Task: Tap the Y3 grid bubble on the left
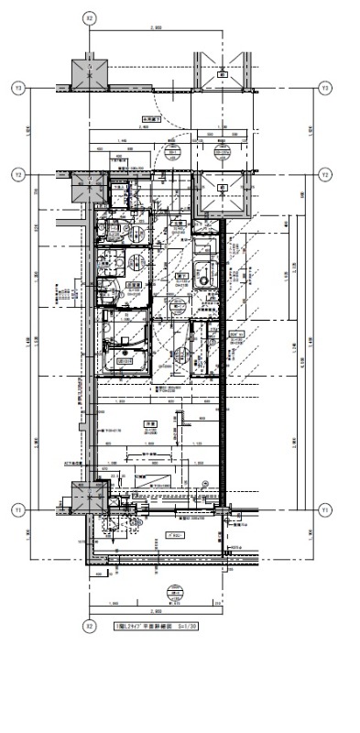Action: tap(16, 88)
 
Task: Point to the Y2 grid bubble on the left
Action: tap(16, 174)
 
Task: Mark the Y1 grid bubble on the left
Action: tap(16, 509)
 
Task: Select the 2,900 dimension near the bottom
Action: tap(156, 608)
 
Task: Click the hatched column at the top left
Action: tap(89, 73)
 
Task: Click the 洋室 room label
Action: tap(147, 422)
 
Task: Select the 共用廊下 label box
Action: tap(151, 118)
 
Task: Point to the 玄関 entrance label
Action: tap(179, 223)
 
